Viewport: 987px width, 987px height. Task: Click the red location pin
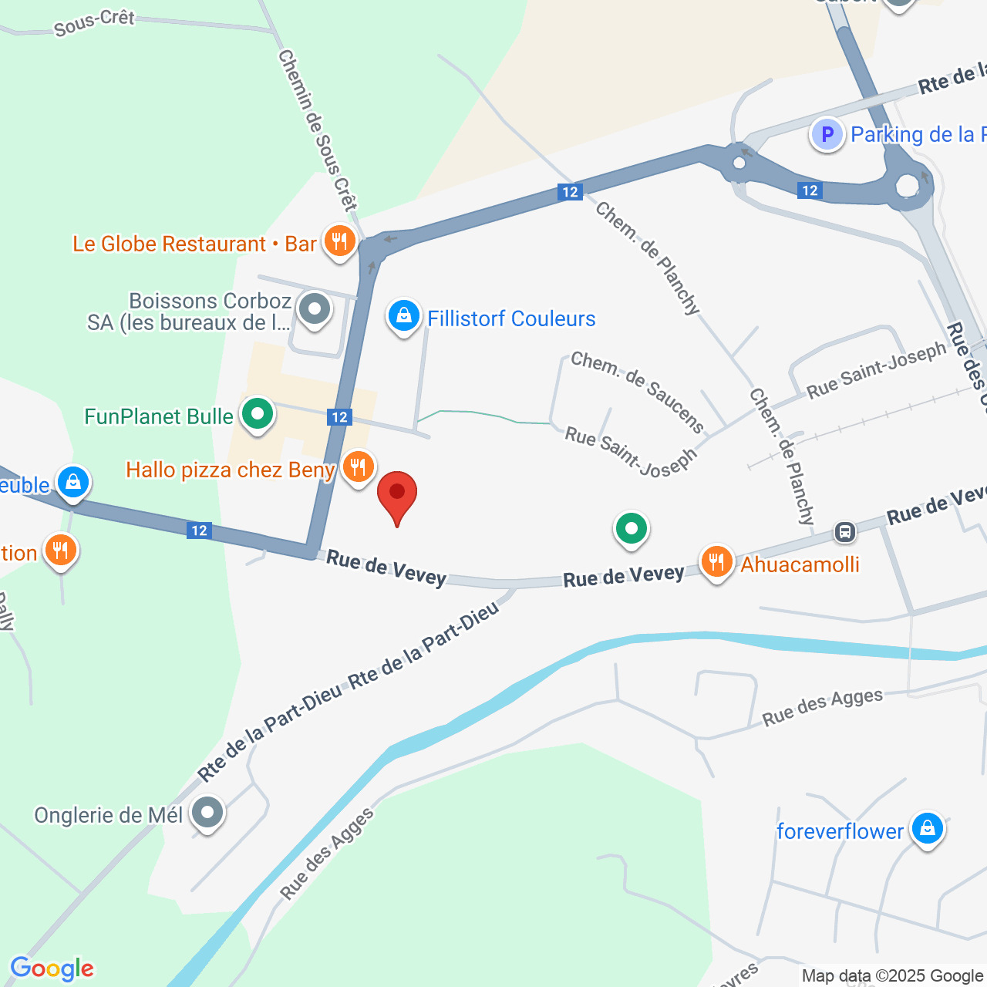coord(397,494)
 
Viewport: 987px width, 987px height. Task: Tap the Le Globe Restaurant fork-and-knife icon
coord(339,241)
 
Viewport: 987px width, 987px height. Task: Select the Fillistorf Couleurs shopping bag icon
coord(403,316)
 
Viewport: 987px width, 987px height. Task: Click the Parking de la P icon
coord(827,135)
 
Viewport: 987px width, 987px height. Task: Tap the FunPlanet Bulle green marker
coord(258,415)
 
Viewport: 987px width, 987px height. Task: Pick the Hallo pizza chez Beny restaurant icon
coord(358,467)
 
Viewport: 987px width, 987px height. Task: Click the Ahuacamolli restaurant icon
coord(716,562)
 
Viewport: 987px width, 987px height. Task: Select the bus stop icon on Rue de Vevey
coord(845,531)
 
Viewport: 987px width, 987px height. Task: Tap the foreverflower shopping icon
coord(927,829)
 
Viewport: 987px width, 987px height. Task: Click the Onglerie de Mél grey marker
coord(207,813)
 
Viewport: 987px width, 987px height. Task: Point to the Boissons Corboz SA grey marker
coord(314,310)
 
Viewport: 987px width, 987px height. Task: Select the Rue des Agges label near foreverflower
coord(822,707)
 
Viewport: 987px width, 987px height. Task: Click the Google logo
coord(52,968)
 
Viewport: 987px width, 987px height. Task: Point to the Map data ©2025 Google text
coord(893,975)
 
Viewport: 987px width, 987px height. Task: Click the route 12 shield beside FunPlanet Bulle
coord(339,417)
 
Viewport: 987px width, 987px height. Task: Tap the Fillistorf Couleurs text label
coord(511,318)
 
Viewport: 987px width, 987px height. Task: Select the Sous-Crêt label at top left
coord(94,23)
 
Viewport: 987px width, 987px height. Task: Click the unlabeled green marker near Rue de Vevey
coord(632,529)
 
